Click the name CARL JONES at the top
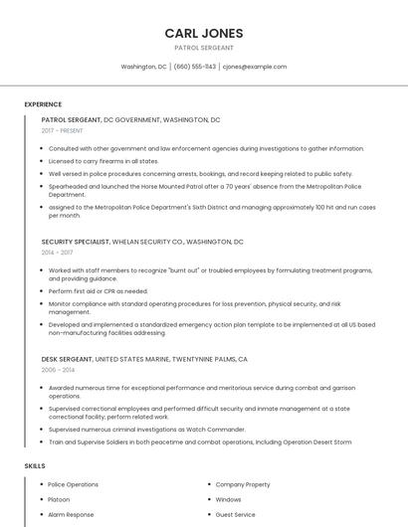click(204, 33)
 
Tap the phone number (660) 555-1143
click(195, 67)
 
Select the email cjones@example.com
click(255, 67)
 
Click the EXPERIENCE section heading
click(43, 104)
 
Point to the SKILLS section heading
click(35, 465)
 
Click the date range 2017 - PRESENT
click(63, 130)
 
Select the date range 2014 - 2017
click(58, 253)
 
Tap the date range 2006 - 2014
click(58, 369)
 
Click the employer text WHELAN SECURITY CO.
click(145, 242)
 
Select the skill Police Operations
click(74, 484)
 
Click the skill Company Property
click(243, 484)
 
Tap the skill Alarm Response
click(71, 514)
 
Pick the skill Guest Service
click(236, 514)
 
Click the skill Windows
click(228, 499)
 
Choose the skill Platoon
click(59, 499)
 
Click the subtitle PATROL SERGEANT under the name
click(204, 48)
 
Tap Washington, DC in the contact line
click(143, 67)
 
